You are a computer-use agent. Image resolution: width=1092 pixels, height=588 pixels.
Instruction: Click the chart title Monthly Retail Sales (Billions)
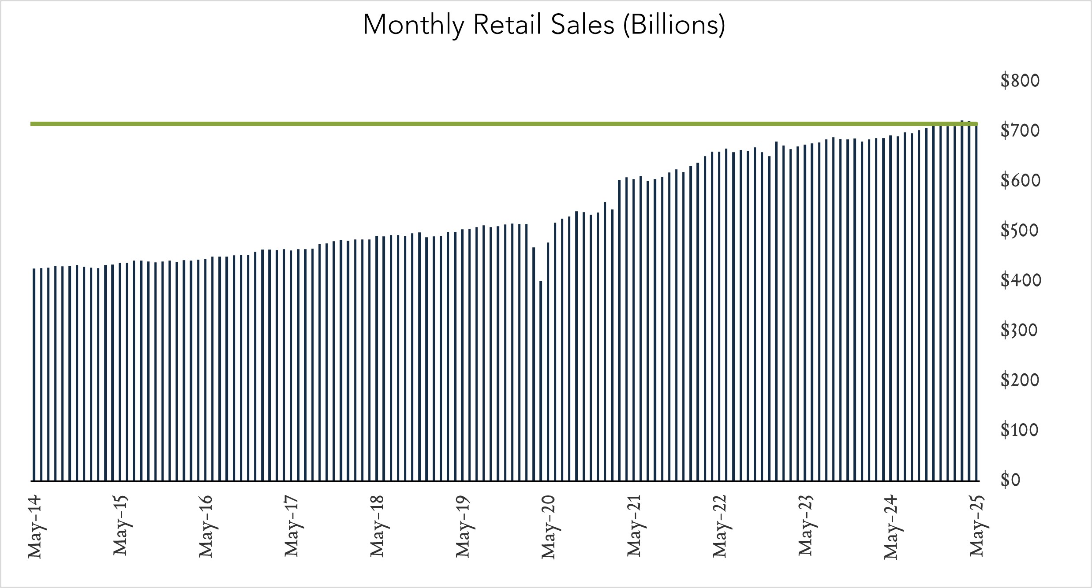point(544,25)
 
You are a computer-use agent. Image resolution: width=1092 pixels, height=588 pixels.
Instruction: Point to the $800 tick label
point(1020,81)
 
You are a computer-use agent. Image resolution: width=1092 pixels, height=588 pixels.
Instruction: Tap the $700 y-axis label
point(1020,131)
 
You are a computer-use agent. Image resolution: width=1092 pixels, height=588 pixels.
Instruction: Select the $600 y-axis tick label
point(1020,181)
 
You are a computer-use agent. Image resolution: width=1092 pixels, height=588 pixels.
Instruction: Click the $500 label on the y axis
point(1020,231)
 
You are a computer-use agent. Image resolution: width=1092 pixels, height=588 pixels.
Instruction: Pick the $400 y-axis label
point(1020,280)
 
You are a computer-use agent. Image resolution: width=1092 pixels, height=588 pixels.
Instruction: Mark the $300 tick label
point(1020,331)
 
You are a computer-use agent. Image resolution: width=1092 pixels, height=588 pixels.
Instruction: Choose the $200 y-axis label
point(1020,380)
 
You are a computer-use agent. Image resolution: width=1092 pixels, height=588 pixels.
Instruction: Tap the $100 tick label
point(1020,430)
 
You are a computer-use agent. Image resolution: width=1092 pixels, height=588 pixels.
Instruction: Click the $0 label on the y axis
point(1010,480)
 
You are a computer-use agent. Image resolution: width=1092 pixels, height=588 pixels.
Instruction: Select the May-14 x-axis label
point(34,526)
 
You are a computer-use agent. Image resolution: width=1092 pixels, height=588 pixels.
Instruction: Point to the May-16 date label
point(206,526)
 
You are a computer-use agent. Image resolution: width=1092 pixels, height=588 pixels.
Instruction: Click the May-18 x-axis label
point(377,526)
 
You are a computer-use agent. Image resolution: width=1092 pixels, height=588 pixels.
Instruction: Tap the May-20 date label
point(548,526)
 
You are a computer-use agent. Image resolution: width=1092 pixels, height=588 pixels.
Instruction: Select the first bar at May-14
point(34,375)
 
